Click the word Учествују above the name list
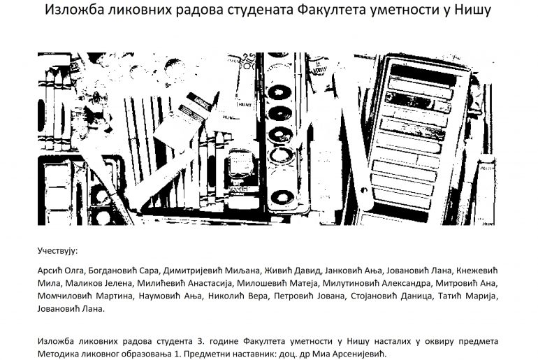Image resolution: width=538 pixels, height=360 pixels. (x=58, y=250)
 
